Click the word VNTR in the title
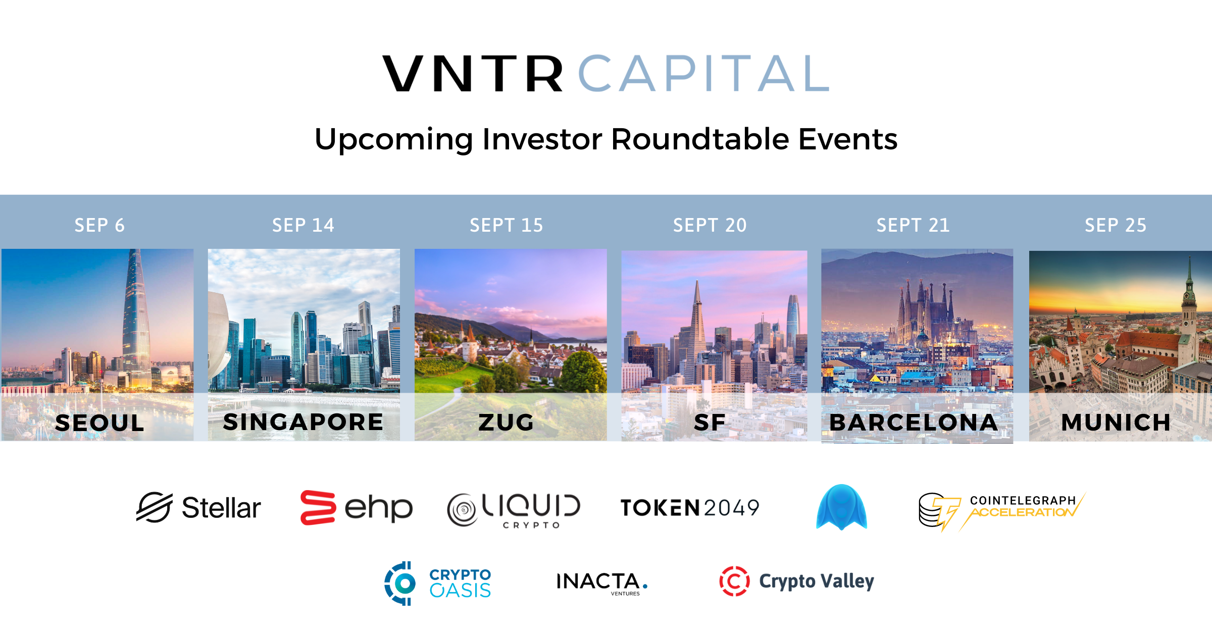472,74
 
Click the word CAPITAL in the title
703,74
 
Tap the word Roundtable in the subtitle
700,139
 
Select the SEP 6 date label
99,225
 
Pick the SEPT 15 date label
506,225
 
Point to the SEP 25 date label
1116,225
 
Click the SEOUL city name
99,423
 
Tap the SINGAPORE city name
303,422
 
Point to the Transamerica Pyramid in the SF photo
697,333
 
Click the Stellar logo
198,508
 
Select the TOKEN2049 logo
690,508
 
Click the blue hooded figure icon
841,507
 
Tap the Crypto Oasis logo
437,583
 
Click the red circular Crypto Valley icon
734,581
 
